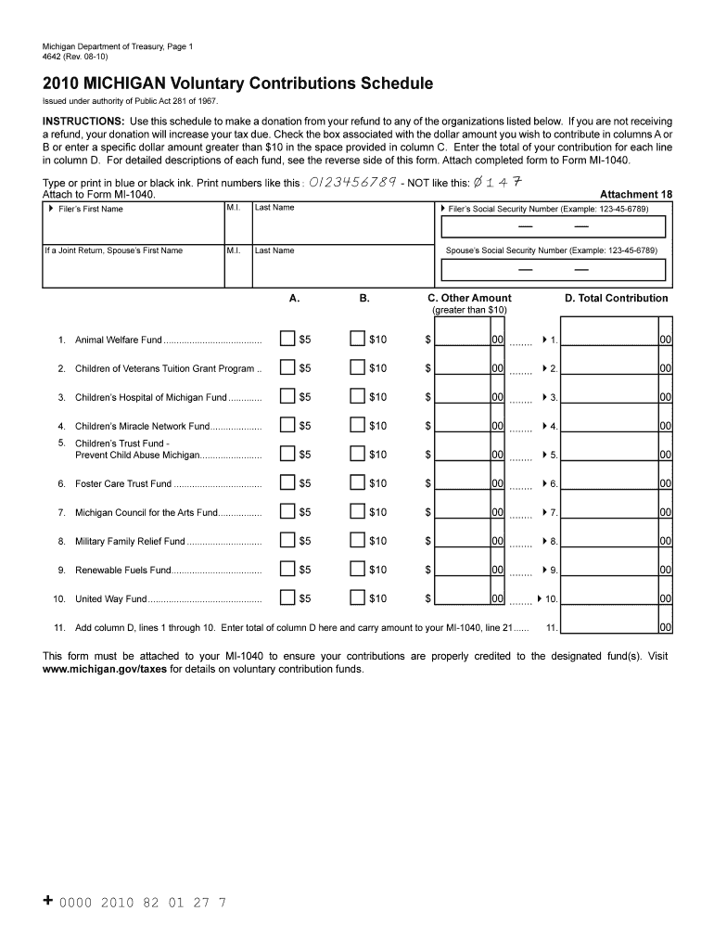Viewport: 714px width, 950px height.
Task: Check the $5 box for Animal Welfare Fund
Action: [x=287, y=340]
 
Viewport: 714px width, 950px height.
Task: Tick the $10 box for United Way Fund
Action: [x=357, y=598]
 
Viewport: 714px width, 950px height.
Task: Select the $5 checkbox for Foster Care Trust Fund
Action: [x=287, y=483]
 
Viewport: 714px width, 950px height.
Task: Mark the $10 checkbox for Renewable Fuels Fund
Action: [x=357, y=570]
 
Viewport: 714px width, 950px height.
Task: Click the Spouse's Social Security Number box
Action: [x=554, y=269]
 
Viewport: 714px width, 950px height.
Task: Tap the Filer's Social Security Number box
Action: [x=554, y=227]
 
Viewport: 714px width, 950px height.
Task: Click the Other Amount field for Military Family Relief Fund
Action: [x=464, y=541]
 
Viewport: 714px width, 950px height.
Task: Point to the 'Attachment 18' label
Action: [x=636, y=195]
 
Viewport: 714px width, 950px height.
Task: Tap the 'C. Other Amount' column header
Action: [x=469, y=298]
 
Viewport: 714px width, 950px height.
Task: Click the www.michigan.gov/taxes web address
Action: [x=105, y=669]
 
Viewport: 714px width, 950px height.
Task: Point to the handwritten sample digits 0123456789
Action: [x=352, y=181]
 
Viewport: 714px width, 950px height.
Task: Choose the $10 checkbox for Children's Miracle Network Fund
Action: [x=357, y=426]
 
